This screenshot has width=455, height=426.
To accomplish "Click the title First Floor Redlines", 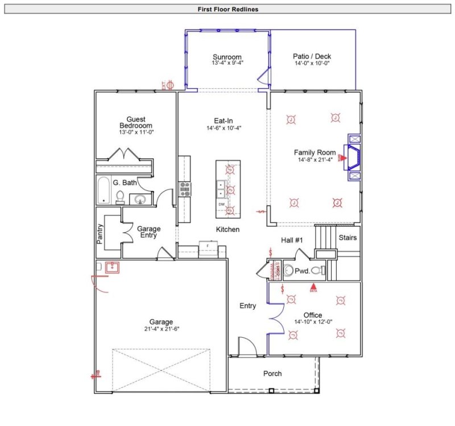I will (227, 9).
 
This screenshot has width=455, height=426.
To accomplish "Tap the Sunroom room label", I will (227, 57).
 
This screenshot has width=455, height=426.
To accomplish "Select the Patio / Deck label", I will (312, 56).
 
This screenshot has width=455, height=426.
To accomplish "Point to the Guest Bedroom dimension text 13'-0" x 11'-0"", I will (136, 132).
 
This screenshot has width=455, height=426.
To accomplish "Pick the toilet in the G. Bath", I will (121, 197).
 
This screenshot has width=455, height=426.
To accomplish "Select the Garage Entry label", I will (148, 233).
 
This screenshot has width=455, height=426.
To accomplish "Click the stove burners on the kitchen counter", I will (185, 188).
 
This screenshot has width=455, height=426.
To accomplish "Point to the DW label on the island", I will (222, 204).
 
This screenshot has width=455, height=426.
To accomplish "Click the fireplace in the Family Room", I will (353, 157).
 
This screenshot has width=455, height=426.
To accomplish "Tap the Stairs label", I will (347, 237).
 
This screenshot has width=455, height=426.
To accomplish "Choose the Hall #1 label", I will (292, 240).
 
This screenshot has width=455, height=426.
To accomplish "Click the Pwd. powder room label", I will (301, 271).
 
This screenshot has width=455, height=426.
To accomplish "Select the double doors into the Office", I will (276, 319).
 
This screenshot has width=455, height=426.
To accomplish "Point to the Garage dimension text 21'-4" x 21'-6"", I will (161, 329).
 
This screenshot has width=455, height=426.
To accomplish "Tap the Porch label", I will (272, 374).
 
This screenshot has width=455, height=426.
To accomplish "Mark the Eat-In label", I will (223, 121).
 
